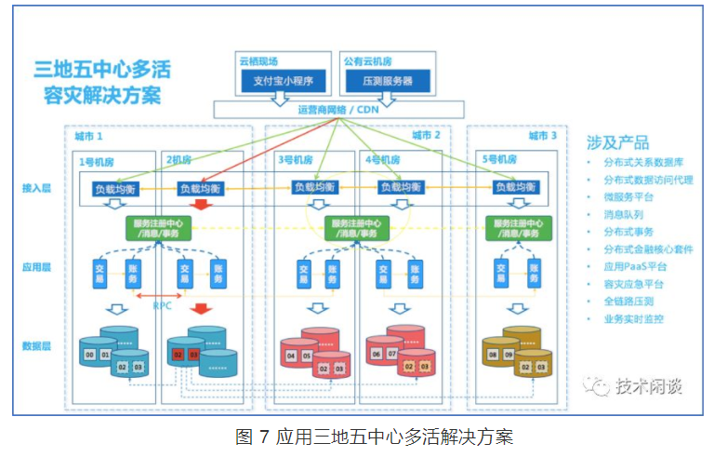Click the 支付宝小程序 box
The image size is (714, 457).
click(x=281, y=81)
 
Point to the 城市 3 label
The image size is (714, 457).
click(x=542, y=136)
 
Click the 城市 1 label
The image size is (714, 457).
click(x=89, y=136)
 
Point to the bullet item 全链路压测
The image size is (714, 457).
click(x=634, y=302)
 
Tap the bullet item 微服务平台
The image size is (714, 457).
click(x=634, y=195)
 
